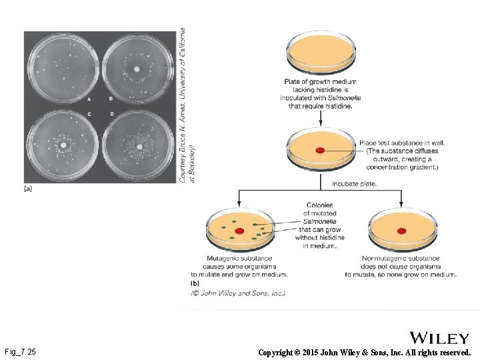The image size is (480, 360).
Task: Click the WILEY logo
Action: tap(439, 337)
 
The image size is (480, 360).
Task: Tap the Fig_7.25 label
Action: tap(20, 351)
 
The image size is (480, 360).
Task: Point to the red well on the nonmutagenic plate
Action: tap(401, 231)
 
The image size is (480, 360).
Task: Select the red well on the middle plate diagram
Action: tap(320, 151)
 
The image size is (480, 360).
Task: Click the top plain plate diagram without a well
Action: tap(320, 50)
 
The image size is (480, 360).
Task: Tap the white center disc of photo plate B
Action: tap(137, 68)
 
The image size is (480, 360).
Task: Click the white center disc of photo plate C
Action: tap(64, 144)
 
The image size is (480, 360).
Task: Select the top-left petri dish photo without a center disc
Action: tap(62, 67)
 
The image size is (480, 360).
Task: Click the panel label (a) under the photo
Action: tap(29, 189)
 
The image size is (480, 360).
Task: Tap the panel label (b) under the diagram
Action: tap(195, 283)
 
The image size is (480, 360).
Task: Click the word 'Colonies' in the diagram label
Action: tap(319, 205)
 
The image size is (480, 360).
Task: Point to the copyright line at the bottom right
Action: tap(364, 351)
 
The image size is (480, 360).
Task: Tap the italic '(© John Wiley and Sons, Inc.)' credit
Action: tap(238, 293)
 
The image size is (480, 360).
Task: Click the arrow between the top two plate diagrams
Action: tap(321, 117)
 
